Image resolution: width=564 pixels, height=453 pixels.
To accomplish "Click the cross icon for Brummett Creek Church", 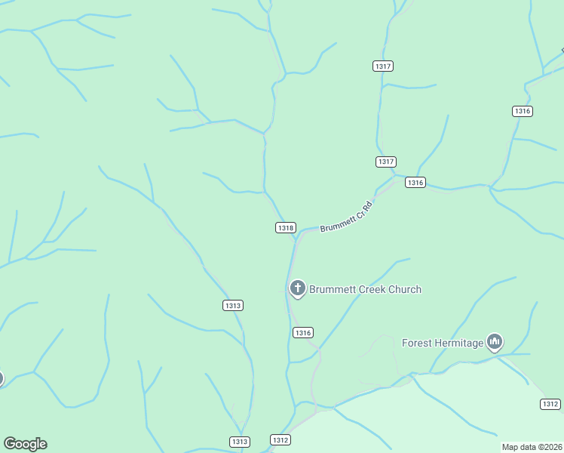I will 298,288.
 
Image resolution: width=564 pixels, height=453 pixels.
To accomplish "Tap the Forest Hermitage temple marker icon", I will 495,342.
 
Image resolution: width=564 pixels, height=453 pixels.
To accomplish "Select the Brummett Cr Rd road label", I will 347,217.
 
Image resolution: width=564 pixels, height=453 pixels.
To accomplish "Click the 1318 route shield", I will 286,227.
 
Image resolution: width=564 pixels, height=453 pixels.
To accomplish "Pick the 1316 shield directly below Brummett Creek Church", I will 302,333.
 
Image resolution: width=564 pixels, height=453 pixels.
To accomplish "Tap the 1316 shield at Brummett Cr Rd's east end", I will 415,183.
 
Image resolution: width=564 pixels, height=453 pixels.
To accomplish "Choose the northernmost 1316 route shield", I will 522,111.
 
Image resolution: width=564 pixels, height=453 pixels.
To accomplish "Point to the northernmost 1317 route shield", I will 383,66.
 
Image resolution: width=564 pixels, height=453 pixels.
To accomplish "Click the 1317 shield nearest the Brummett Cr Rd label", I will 386,162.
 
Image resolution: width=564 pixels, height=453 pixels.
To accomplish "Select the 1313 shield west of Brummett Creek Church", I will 233,305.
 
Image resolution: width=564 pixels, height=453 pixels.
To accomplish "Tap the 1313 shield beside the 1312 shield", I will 239,442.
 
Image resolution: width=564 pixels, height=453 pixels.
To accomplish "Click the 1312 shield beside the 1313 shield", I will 280,439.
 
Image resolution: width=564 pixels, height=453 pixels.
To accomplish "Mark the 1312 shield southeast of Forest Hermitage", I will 550,404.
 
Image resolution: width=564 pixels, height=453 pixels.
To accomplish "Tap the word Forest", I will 417,343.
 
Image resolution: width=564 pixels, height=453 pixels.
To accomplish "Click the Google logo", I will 25,444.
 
